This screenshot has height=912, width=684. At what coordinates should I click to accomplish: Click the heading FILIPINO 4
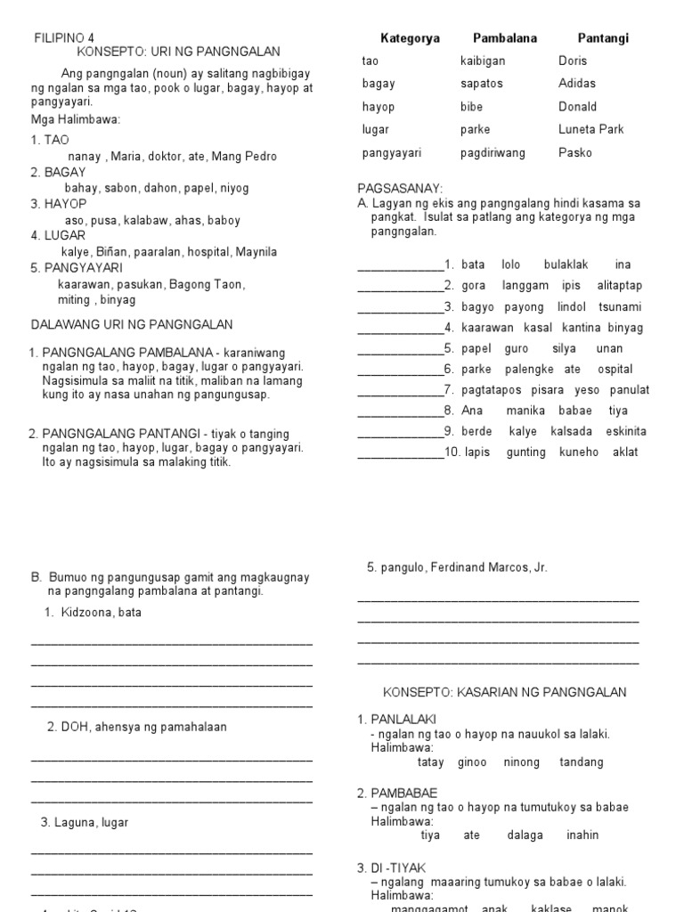[63, 37]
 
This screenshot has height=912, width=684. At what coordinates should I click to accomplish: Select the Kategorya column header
[410, 38]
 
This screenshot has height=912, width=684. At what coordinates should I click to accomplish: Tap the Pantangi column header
[603, 38]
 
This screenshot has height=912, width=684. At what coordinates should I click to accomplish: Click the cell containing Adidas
[577, 84]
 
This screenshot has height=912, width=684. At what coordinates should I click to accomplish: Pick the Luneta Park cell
[591, 129]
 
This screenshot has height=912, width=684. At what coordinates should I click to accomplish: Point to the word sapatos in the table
[482, 84]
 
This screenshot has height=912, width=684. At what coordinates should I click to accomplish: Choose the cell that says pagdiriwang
[493, 152]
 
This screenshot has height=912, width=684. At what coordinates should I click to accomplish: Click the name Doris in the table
[573, 61]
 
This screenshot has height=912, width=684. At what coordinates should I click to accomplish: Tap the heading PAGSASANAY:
[399, 189]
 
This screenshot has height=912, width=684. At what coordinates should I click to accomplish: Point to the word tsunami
[620, 307]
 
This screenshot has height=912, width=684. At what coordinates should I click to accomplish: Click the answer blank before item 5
[400, 350]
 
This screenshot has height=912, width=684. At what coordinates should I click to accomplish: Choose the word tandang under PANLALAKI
[581, 762]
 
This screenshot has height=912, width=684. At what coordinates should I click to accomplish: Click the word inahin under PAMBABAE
[582, 835]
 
